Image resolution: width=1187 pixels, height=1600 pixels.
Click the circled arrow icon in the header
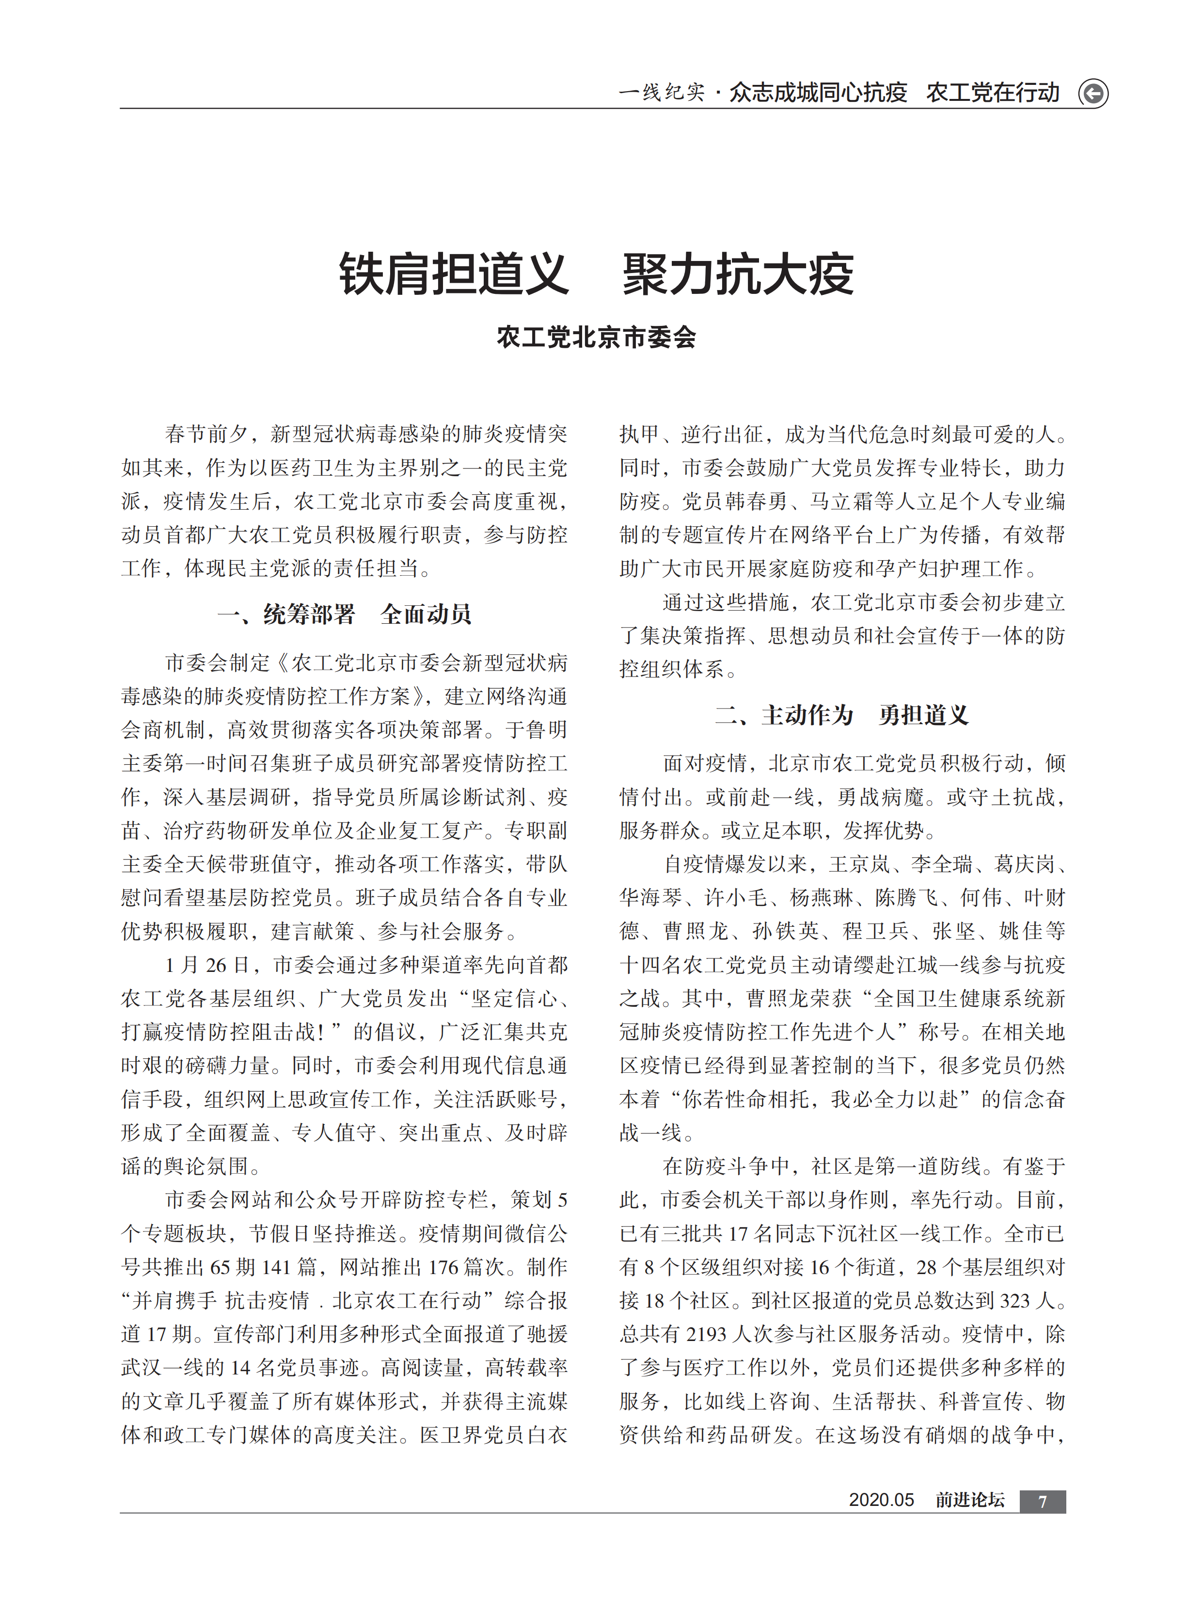click(1093, 94)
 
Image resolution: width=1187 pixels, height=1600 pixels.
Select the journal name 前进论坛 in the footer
click(969, 1500)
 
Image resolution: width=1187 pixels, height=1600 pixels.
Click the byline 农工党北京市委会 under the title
click(596, 337)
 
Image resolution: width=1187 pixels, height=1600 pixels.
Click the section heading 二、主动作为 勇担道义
click(841, 715)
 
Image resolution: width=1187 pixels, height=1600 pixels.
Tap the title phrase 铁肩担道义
click(454, 275)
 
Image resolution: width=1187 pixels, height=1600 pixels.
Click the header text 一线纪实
click(661, 93)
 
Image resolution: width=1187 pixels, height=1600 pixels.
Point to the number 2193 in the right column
click(706, 1335)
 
